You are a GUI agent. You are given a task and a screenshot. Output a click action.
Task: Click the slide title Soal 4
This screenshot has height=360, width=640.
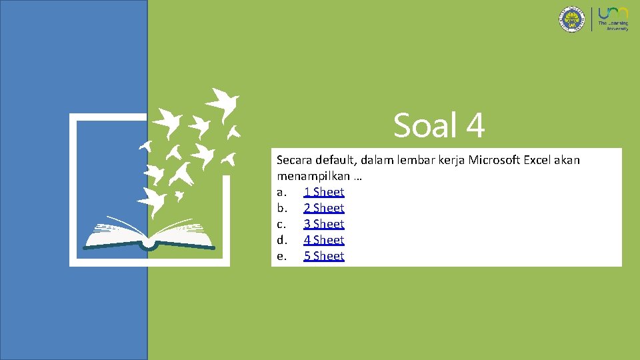click(439, 125)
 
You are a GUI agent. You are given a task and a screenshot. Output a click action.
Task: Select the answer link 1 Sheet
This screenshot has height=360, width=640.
click(323, 192)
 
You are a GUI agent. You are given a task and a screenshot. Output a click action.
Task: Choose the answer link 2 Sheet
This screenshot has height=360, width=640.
click(323, 208)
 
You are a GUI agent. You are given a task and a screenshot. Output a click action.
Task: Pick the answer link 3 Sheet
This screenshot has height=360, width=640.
click(323, 224)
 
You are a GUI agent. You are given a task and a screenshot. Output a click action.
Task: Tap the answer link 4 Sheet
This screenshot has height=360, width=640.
click(323, 240)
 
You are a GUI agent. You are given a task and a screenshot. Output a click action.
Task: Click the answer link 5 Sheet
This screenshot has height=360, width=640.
click(323, 256)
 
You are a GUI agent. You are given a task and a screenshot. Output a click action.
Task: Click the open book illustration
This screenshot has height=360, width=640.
click(150, 233)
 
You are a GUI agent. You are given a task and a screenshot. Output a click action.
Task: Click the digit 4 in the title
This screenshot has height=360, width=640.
click(474, 125)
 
